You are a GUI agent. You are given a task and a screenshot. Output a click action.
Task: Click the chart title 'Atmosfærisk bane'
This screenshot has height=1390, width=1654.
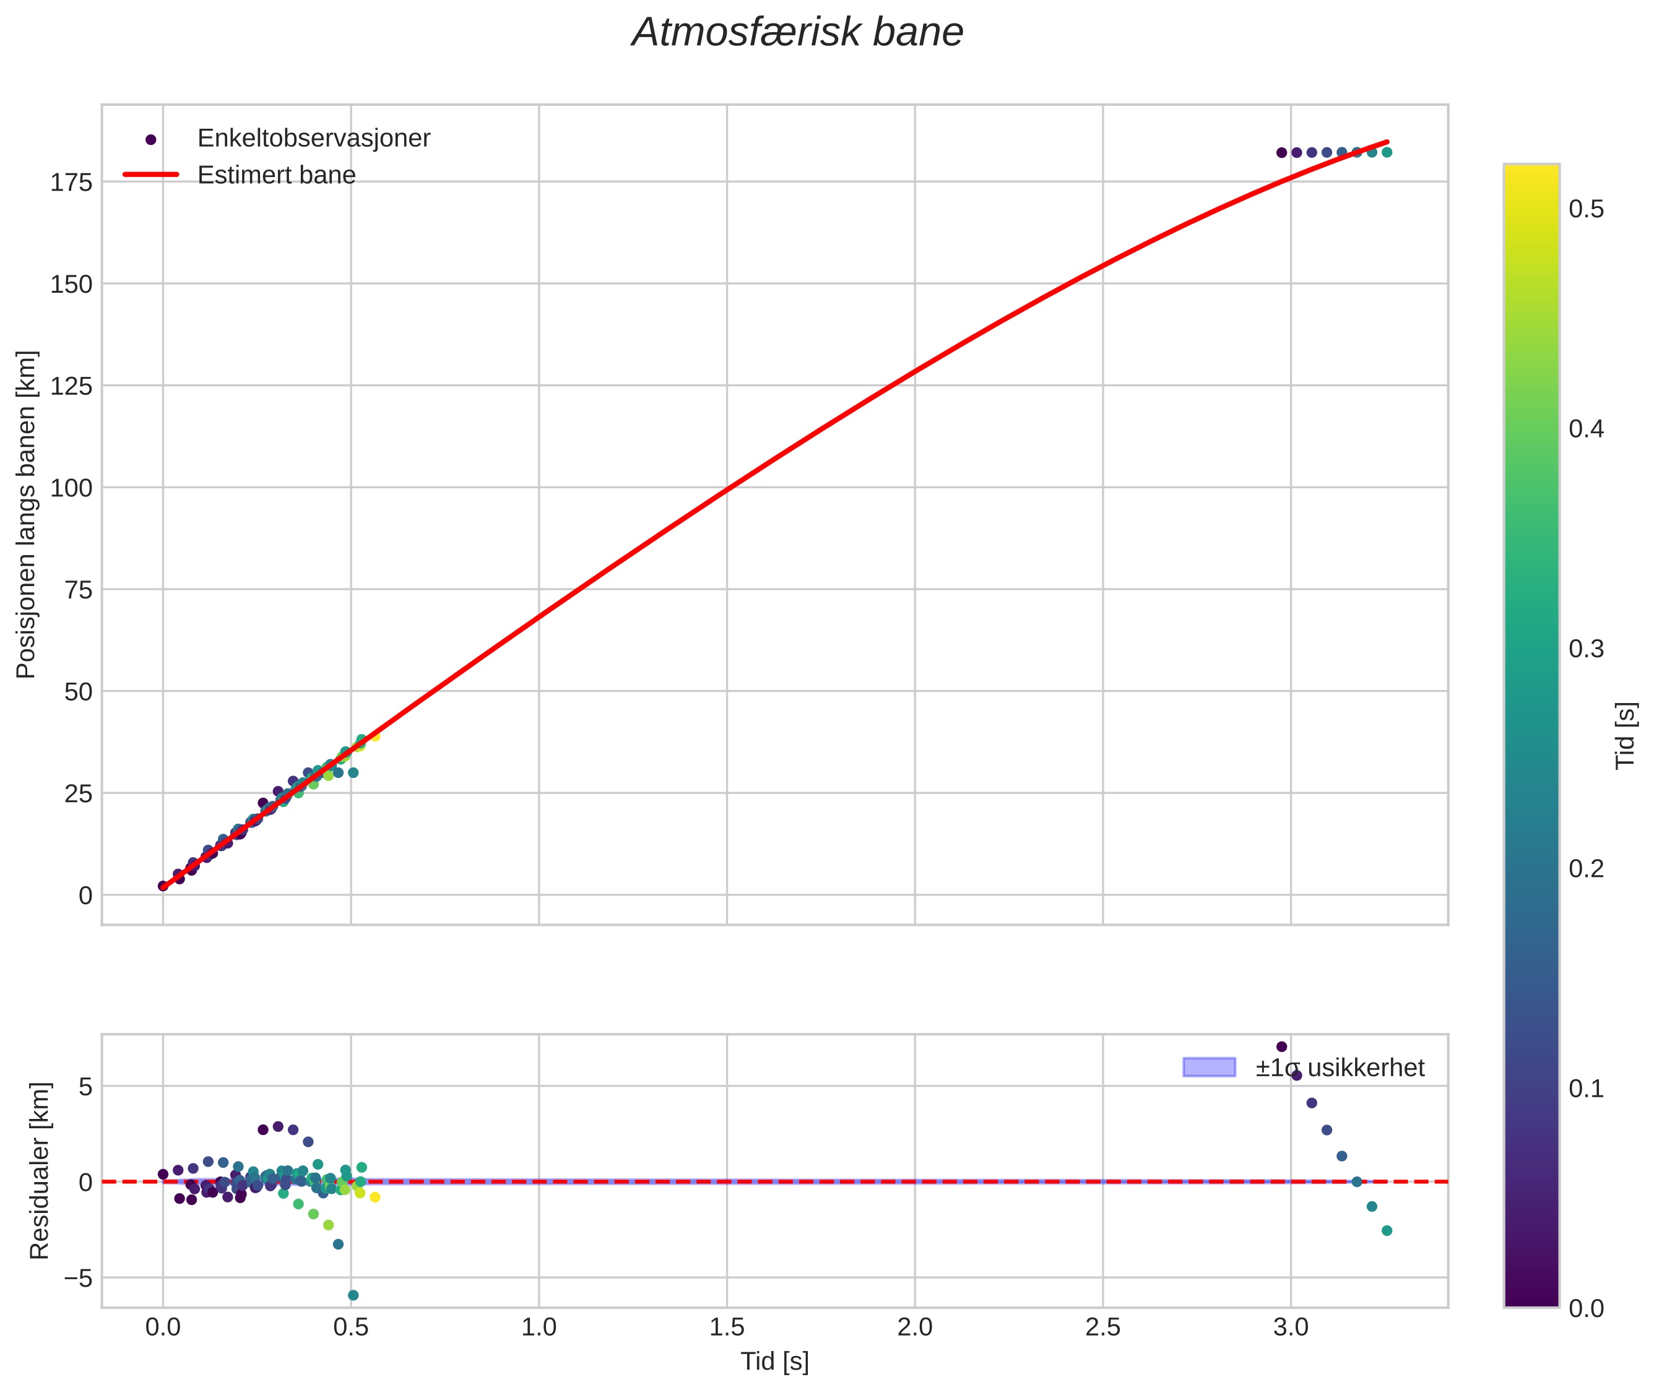point(797,33)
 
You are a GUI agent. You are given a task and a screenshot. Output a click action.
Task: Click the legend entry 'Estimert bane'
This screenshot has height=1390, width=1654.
point(276,175)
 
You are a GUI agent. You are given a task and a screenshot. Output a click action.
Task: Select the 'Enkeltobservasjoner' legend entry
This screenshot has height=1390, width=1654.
point(313,139)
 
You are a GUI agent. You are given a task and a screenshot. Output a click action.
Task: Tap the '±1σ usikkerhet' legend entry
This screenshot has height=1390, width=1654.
point(1339,1068)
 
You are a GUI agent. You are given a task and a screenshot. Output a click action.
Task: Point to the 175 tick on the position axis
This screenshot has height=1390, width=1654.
point(72,183)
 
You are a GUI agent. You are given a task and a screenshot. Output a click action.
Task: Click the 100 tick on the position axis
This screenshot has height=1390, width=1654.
point(72,488)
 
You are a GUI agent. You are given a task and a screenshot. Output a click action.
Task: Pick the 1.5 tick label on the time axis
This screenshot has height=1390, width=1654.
point(727,1327)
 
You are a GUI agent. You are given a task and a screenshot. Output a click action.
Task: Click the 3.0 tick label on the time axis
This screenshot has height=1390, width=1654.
point(1290,1327)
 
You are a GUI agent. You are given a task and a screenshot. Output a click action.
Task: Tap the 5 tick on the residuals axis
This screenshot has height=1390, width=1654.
point(85,1087)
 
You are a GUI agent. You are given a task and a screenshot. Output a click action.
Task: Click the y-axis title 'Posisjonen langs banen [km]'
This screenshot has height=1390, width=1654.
point(26,514)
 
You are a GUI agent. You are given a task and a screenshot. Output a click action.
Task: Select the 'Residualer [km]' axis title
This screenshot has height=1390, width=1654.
point(40,1170)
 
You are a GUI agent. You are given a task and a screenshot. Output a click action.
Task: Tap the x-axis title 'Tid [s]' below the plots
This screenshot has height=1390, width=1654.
point(774,1362)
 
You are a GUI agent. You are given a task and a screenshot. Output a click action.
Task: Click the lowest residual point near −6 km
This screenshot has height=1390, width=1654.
point(353,1295)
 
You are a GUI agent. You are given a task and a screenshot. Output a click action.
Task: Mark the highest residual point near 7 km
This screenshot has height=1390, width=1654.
point(1281,1047)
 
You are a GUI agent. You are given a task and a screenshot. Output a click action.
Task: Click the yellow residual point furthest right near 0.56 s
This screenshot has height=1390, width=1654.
point(375,1198)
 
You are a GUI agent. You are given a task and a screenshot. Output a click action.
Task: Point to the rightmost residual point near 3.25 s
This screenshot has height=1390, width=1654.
point(1387,1231)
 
